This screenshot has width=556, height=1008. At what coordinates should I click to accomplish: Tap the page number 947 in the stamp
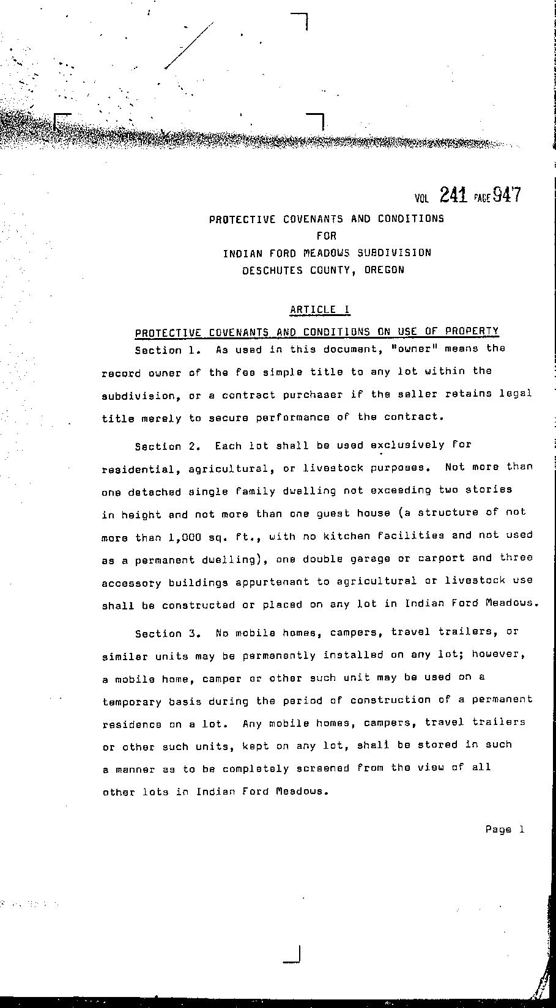pyautogui.click(x=507, y=194)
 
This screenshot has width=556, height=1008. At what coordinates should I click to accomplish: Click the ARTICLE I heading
pyautogui.click(x=320, y=309)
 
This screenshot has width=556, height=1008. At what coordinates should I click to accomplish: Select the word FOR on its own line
pyautogui.click(x=327, y=235)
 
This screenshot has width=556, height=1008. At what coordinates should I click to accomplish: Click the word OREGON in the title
pyautogui.click(x=384, y=270)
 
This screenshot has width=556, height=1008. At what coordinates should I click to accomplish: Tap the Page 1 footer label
pyautogui.click(x=505, y=830)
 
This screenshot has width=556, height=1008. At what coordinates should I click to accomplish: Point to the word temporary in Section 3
pyautogui.click(x=132, y=702)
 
